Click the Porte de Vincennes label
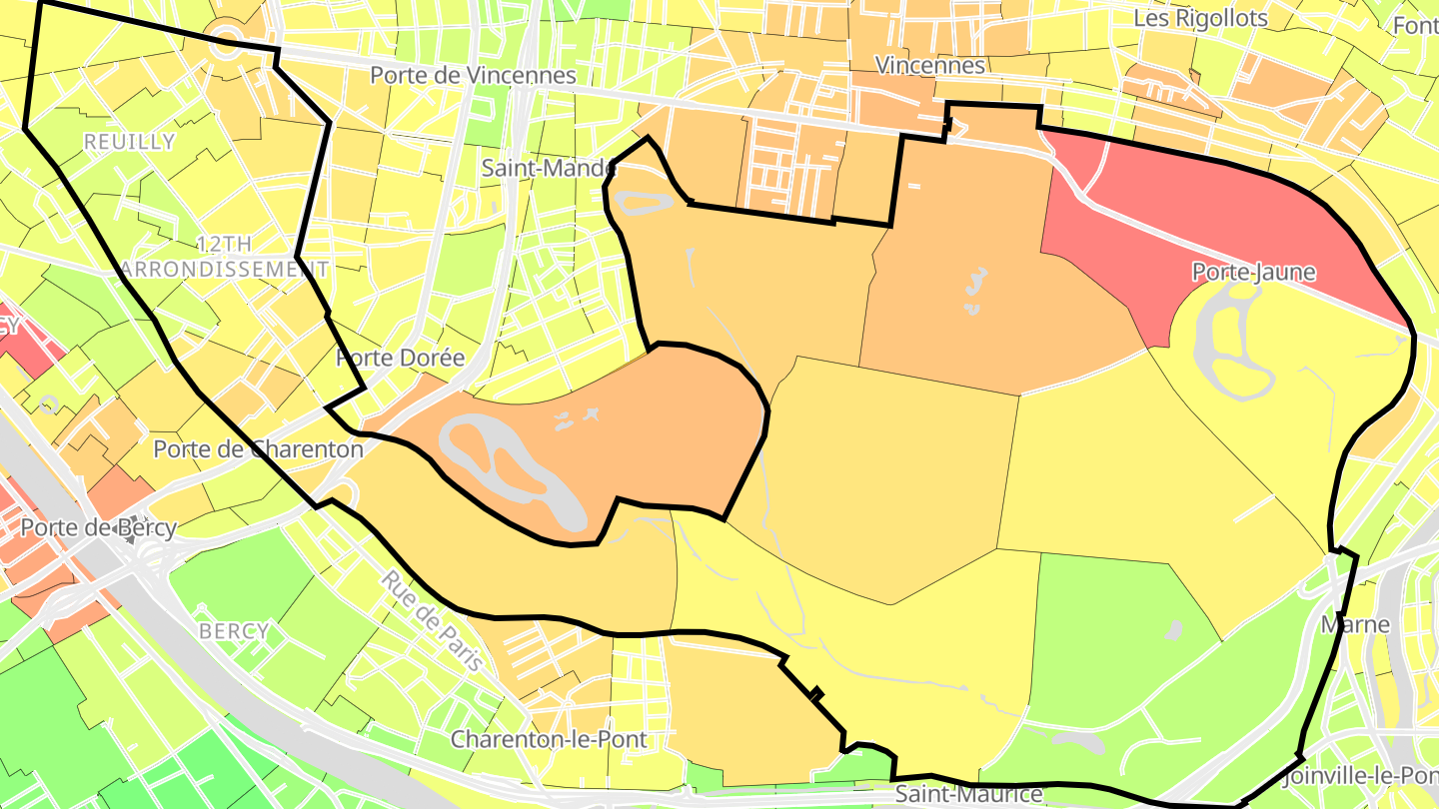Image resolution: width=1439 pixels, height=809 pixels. (473, 75)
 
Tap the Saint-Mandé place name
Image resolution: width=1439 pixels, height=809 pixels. (549, 168)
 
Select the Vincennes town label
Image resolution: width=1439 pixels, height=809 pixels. (929, 65)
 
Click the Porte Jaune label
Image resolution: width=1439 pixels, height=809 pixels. (1253, 272)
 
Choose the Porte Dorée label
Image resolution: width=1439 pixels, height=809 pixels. (401, 358)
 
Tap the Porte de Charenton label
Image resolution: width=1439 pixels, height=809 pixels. (258, 449)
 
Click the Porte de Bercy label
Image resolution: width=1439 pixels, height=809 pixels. (98, 527)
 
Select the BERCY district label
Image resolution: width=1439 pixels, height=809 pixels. (234, 631)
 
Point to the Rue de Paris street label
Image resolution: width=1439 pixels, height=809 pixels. (432, 620)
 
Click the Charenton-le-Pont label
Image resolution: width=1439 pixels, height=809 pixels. (549, 740)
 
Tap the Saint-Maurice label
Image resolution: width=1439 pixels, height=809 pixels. (967, 795)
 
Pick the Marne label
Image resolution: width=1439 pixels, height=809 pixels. (1355, 624)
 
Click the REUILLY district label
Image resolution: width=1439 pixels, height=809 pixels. (129, 142)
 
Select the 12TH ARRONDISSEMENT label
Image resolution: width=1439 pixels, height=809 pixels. (224, 257)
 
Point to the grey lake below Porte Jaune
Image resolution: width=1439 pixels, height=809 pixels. (1229, 345)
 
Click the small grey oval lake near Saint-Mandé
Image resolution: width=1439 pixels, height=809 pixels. (643, 204)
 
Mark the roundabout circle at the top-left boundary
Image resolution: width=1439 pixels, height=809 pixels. (226, 40)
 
